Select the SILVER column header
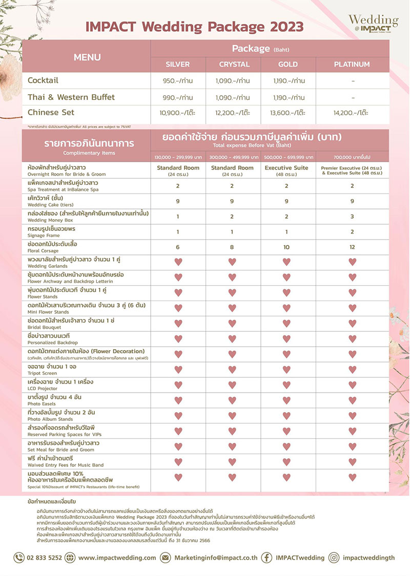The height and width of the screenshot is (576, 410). [178, 65]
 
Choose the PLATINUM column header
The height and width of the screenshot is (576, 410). [352, 65]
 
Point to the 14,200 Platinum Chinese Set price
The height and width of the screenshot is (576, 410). [352, 113]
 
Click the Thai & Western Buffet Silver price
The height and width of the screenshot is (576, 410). [178, 97]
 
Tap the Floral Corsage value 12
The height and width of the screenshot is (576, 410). [352, 247]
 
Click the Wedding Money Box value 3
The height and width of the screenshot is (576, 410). [352, 217]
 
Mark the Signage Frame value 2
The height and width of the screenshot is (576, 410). [352, 232]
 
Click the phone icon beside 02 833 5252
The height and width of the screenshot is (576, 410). [19, 558]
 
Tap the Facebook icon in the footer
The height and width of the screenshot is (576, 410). [266, 558]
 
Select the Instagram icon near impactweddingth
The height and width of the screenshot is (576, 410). [334, 558]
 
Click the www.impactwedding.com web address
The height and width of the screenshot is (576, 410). [118, 558]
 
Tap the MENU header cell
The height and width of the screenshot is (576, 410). [87, 57]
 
